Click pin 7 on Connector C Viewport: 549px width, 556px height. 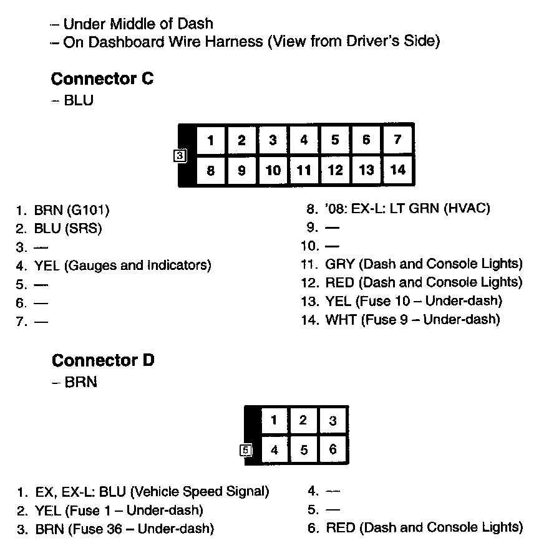(x=397, y=140)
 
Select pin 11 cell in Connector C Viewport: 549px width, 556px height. (x=304, y=170)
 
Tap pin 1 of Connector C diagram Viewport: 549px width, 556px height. (x=211, y=140)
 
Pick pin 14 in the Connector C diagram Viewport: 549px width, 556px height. (x=397, y=170)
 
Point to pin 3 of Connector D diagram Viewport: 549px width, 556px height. (x=333, y=421)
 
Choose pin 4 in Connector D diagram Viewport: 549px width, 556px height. (x=274, y=450)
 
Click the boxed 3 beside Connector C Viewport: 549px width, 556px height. (x=180, y=156)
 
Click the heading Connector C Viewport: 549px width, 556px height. (x=102, y=79)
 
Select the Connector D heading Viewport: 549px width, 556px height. (x=103, y=361)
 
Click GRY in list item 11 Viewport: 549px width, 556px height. (x=339, y=264)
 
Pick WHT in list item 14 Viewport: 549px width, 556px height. (x=341, y=320)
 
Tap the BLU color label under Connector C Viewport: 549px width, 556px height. (x=79, y=100)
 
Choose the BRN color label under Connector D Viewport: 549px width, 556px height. (x=80, y=382)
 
